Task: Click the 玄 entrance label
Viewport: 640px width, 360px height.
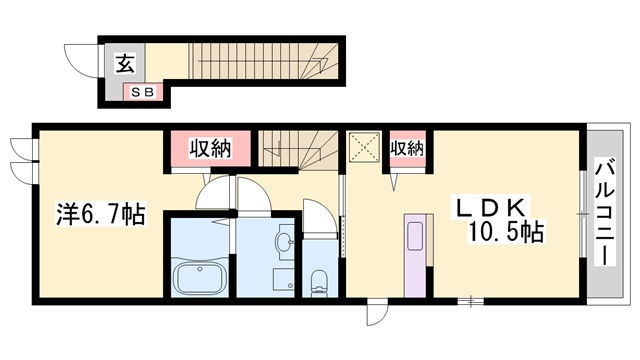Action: (125, 63)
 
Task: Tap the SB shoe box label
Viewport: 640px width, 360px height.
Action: (143, 92)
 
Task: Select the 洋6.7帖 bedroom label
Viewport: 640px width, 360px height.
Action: (100, 214)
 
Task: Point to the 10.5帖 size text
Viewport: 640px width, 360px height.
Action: (505, 233)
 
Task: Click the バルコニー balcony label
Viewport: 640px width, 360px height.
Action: (605, 212)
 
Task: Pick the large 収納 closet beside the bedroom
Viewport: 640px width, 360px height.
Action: (211, 149)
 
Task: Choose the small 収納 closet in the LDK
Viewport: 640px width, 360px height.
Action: (407, 149)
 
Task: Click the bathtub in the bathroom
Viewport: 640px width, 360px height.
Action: (199, 276)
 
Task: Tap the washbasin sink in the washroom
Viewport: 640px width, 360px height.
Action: (285, 242)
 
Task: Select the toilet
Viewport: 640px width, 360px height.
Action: (319, 282)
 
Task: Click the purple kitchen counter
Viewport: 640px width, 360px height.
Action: (415, 255)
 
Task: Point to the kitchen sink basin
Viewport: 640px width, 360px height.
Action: (415, 236)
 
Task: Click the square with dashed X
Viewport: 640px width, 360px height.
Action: (364, 147)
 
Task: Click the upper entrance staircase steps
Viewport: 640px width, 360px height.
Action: (263, 61)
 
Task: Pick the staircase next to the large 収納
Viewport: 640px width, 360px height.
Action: (298, 150)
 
